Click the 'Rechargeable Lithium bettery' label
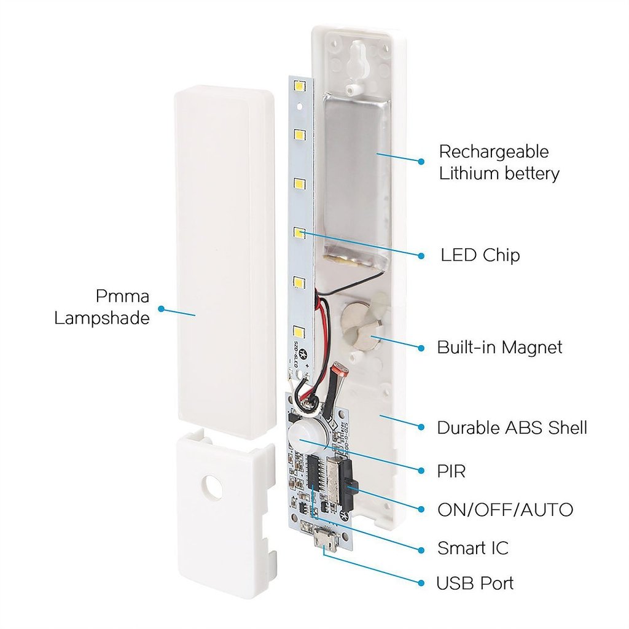[x=499, y=163]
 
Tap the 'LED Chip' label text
[x=480, y=255]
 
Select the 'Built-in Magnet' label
[x=499, y=347]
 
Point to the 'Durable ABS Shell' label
[x=512, y=428]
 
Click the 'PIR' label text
[x=451, y=471]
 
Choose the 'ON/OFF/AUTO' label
[x=505, y=509]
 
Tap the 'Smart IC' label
[x=472, y=547]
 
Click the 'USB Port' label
[x=475, y=583]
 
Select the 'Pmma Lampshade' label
[x=102, y=307]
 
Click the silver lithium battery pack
[x=356, y=184]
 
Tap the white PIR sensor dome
[x=300, y=436]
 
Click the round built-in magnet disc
[x=359, y=326]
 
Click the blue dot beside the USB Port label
[x=421, y=583]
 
